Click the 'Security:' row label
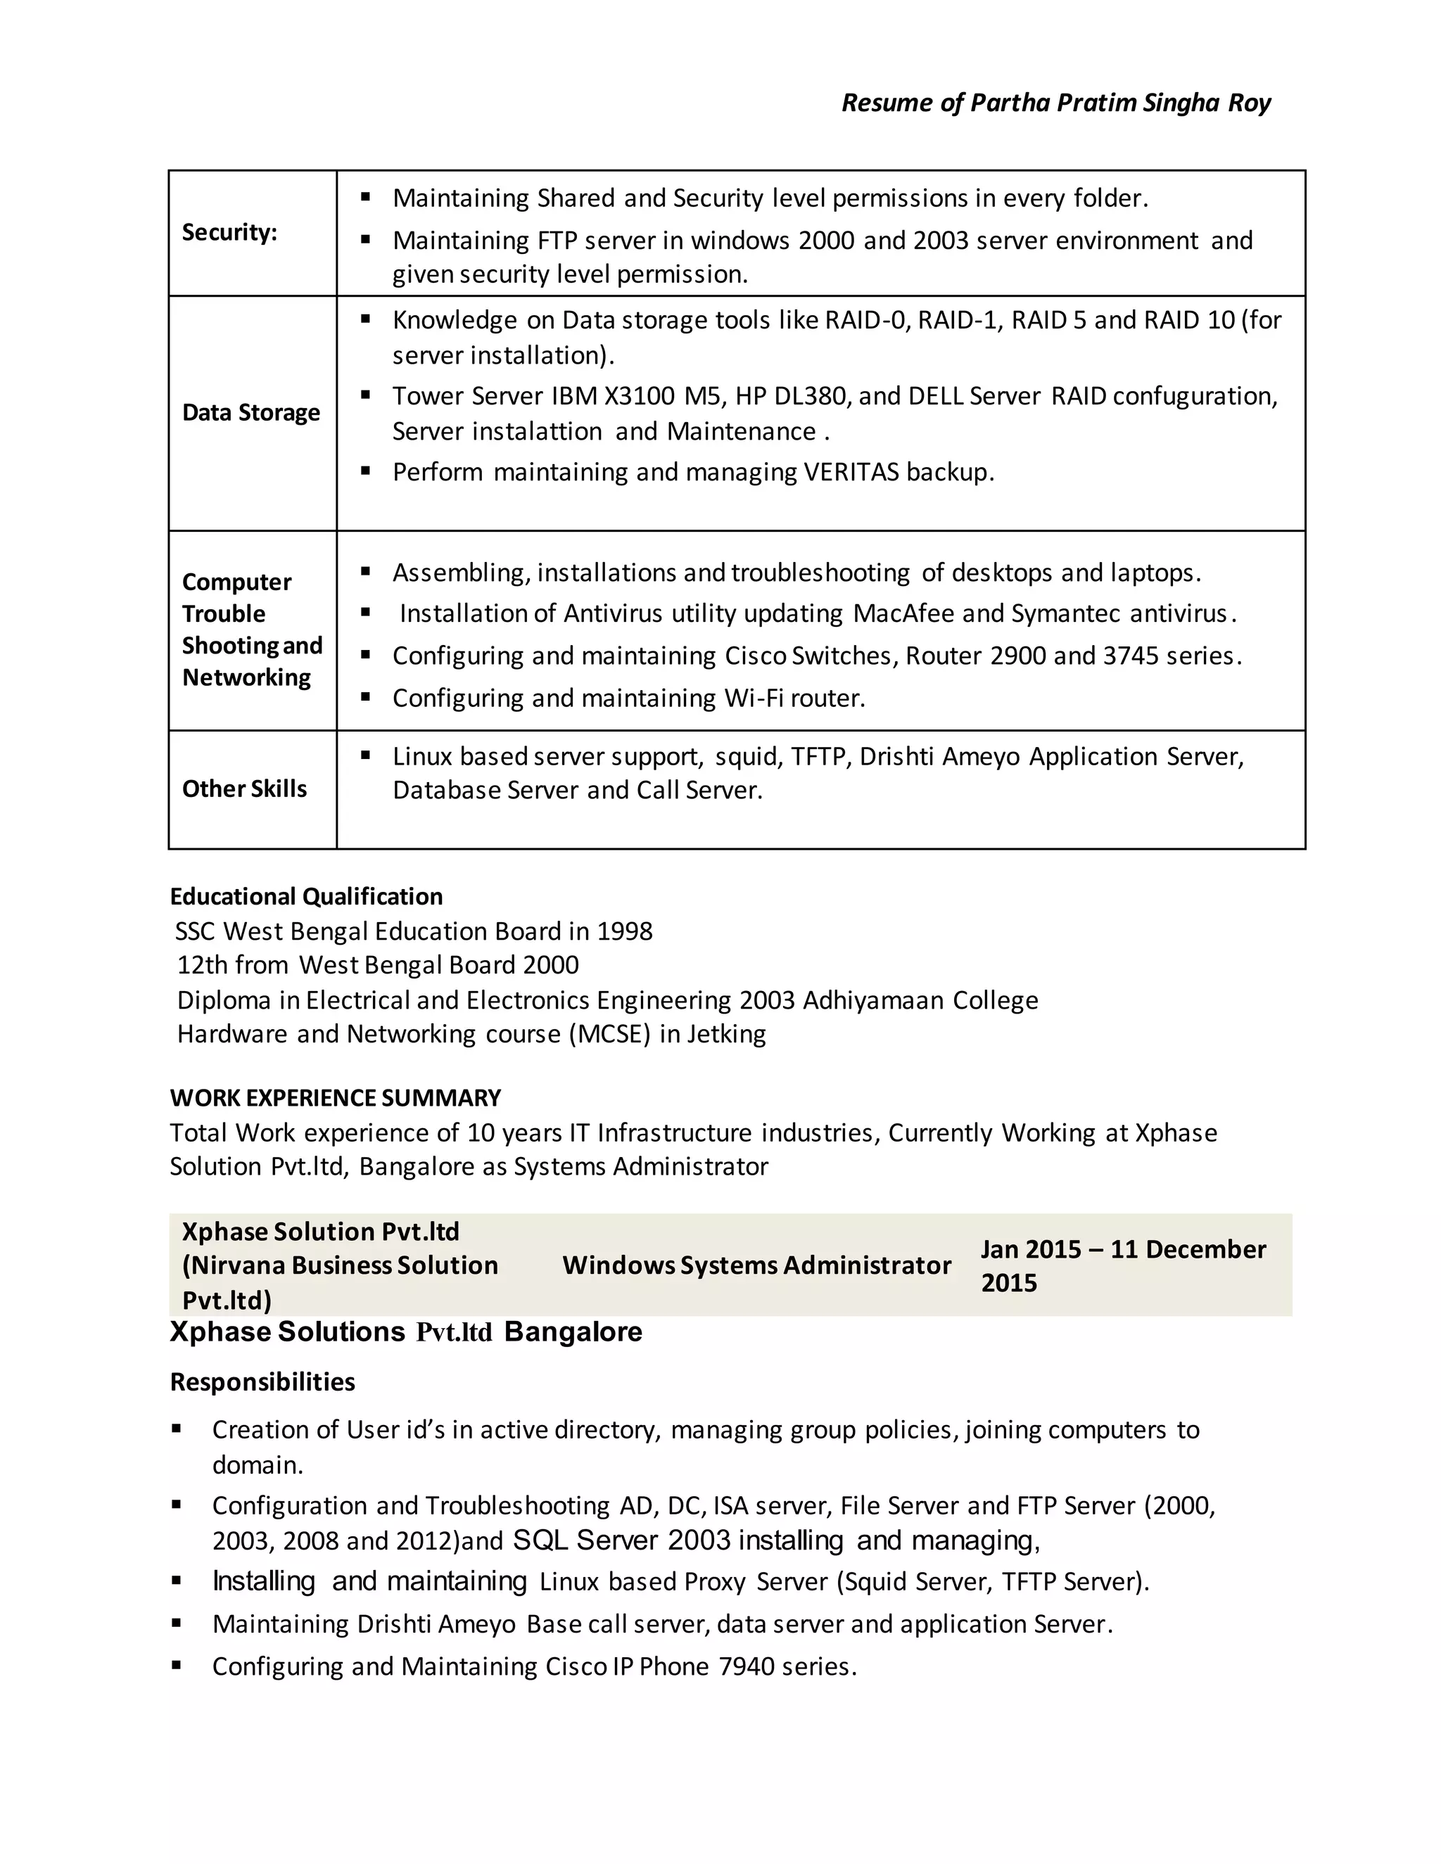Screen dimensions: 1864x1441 pyautogui.click(x=229, y=232)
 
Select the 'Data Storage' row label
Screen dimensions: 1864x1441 pyautogui.click(x=251, y=412)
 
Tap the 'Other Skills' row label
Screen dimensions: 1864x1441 pyautogui.click(x=244, y=789)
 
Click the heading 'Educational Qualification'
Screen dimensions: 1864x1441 pyautogui.click(x=305, y=896)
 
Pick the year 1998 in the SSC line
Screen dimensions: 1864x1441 pyautogui.click(x=624, y=931)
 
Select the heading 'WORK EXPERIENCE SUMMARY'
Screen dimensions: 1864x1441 pyautogui.click(x=335, y=1097)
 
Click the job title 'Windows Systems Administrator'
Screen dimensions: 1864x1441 pyautogui.click(x=756, y=1265)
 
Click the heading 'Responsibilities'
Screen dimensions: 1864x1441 pyautogui.click(x=262, y=1381)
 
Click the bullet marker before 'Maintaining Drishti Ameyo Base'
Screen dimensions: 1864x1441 pyautogui.click(x=177, y=1623)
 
